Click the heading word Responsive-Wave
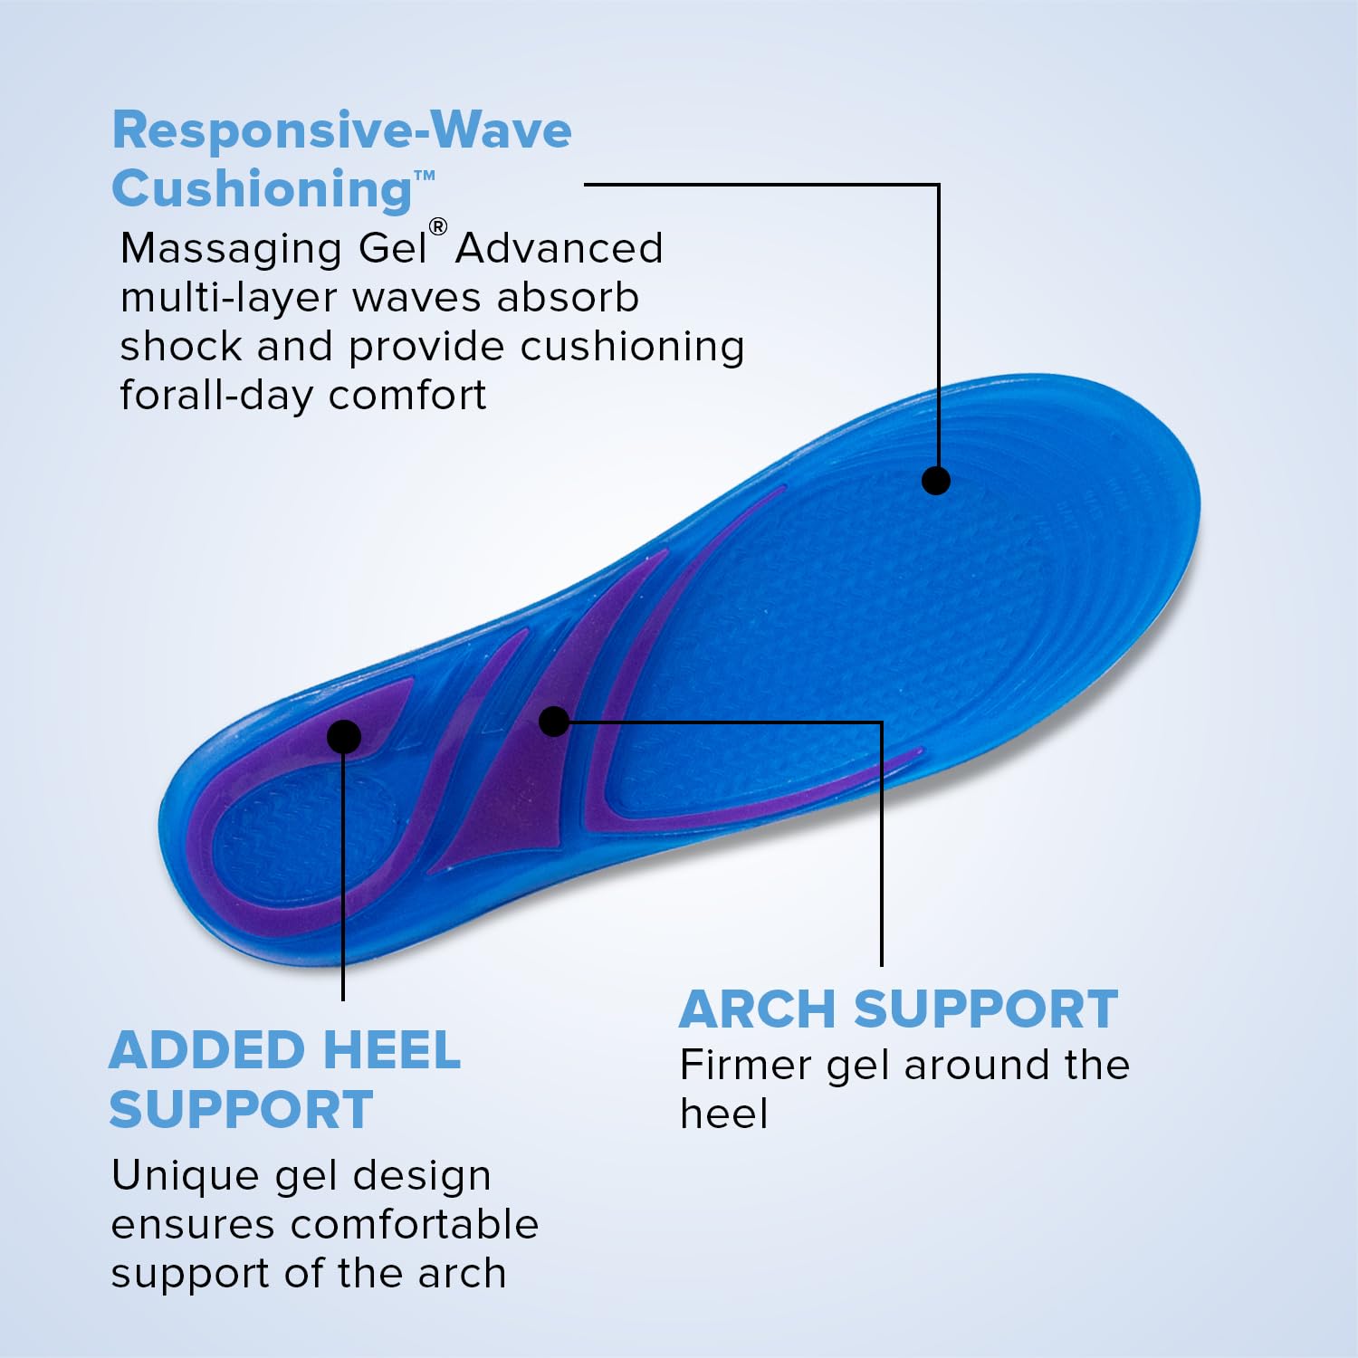tap(341, 130)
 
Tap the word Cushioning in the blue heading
tap(262, 190)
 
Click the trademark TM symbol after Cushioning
tap(425, 176)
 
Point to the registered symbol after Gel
tap(438, 226)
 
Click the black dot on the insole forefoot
tap(935, 480)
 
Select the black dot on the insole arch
tap(554, 721)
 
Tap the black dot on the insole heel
tap(343, 736)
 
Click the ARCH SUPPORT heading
tap(898, 1009)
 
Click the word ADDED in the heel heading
tap(206, 1051)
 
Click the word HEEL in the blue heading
tap(391, 1051)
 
